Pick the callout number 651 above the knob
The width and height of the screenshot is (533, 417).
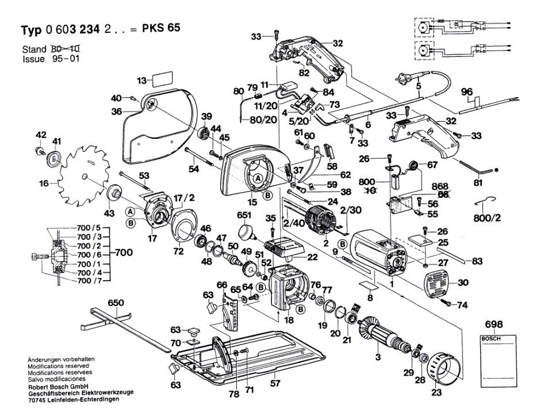tap(244, 215)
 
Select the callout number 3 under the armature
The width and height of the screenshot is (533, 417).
tap(378, 357)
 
